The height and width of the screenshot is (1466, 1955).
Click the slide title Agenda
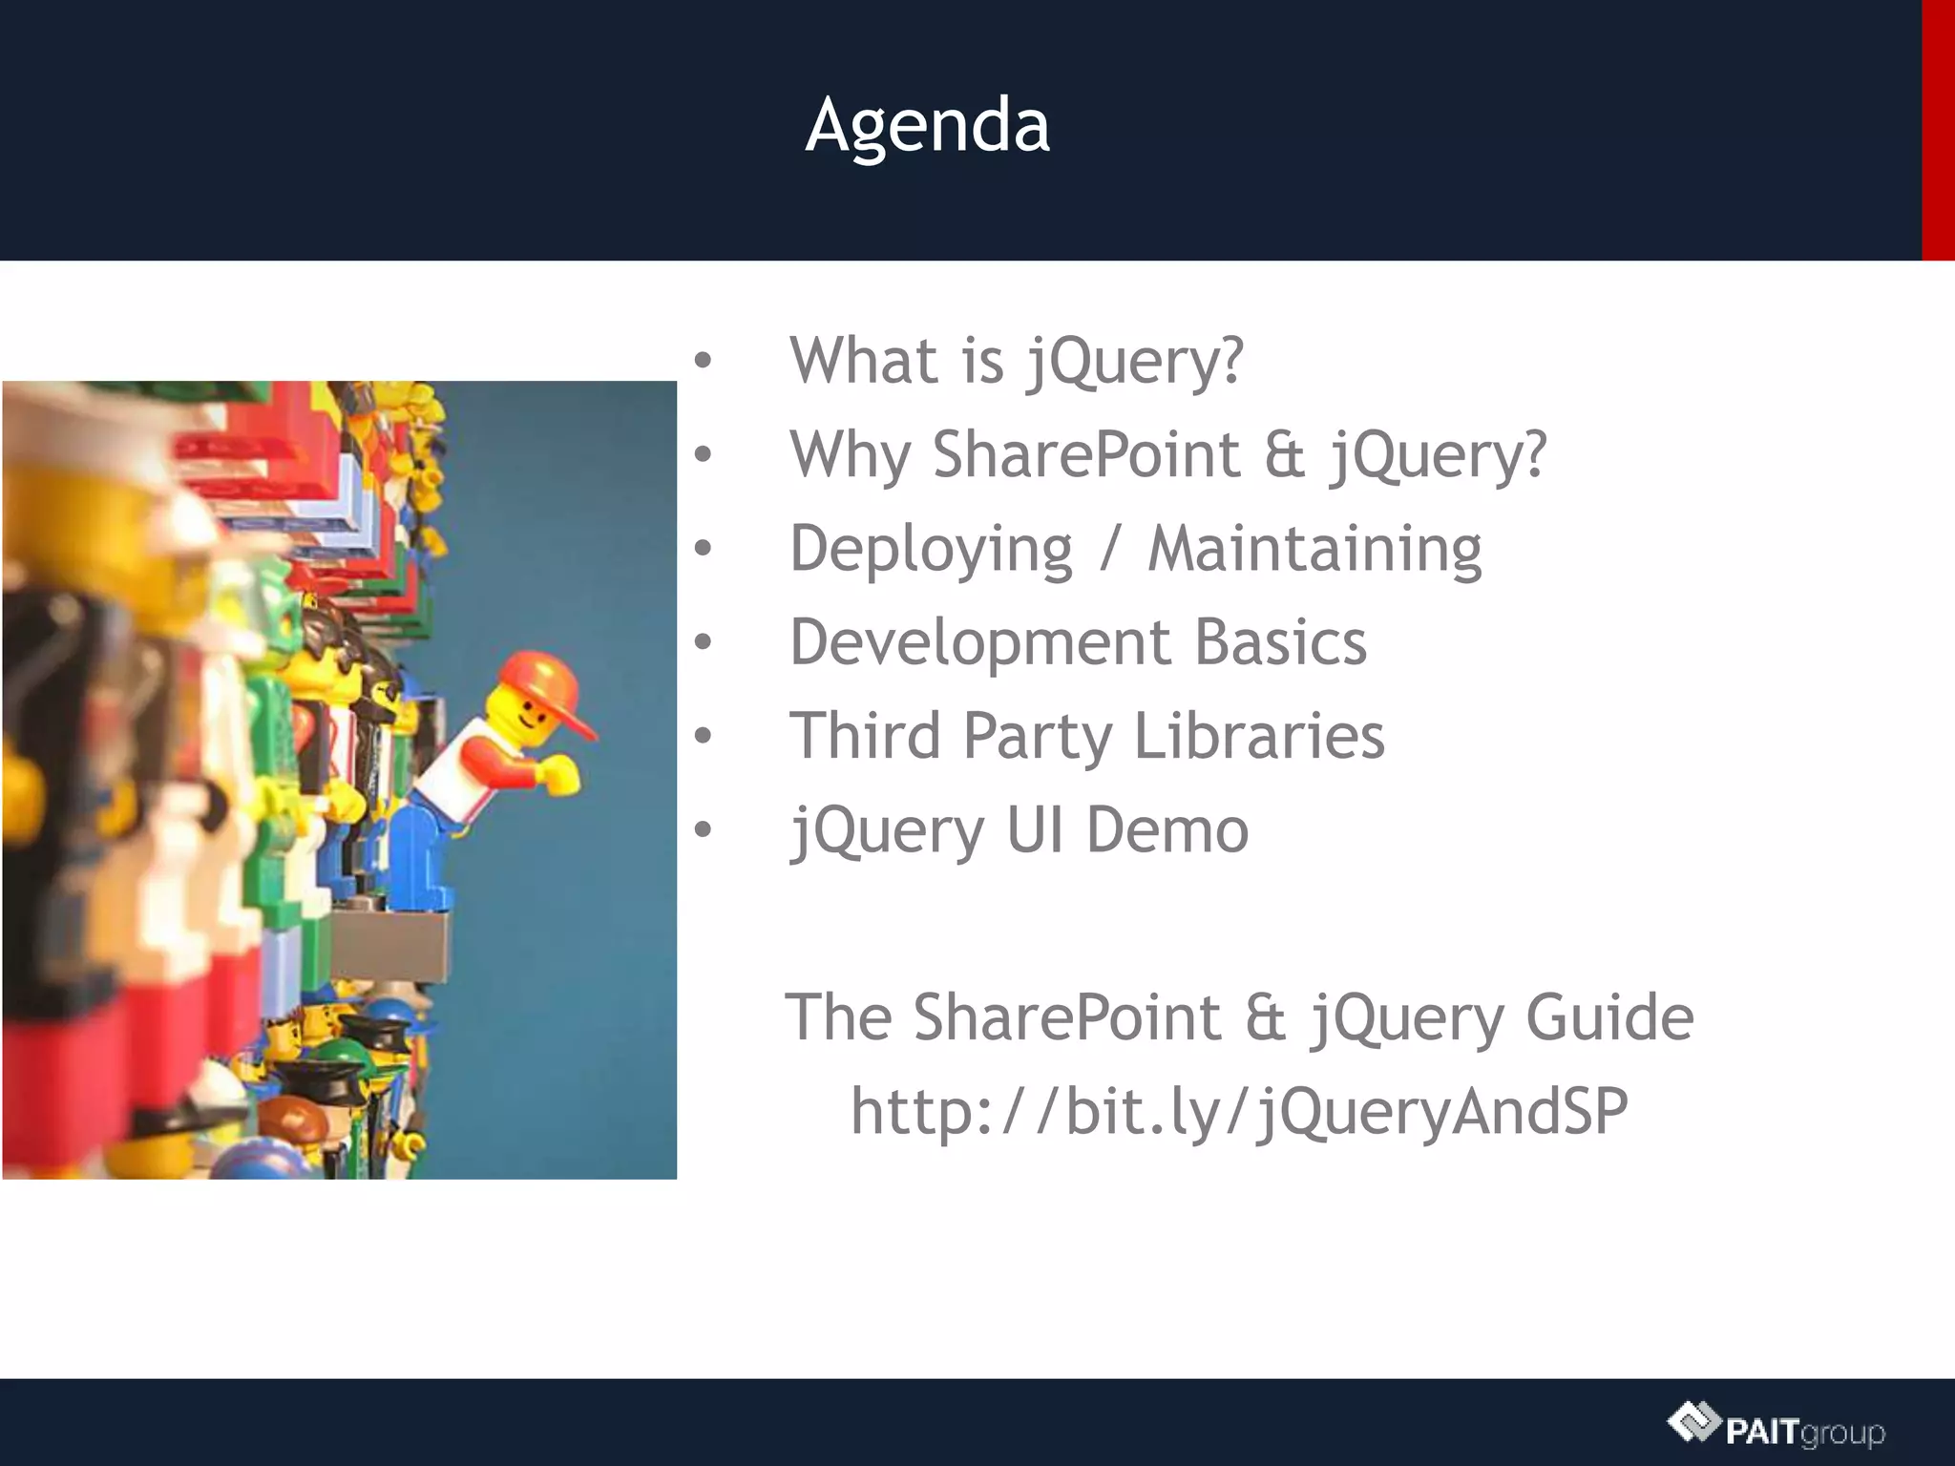927,125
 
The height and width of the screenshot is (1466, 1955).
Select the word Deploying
931,551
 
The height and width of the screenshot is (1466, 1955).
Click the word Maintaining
1314,549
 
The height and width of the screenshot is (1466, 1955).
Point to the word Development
980,641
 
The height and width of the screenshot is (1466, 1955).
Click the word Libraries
1258,736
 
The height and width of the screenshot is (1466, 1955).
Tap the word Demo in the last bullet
1167,829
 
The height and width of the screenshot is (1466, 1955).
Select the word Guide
1609,1017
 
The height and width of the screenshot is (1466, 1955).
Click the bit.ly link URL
1239,1111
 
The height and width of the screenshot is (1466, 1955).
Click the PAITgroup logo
1776,1428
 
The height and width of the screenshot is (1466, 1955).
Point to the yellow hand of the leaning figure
561,773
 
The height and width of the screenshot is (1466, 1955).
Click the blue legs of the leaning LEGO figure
415,854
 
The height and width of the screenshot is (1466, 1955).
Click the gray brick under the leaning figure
391,945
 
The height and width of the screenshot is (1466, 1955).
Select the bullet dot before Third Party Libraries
704,736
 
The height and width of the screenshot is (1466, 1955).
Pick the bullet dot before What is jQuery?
704,361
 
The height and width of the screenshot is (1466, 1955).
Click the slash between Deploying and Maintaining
1109,551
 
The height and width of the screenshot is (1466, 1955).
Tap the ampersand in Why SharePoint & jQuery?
1285,454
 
